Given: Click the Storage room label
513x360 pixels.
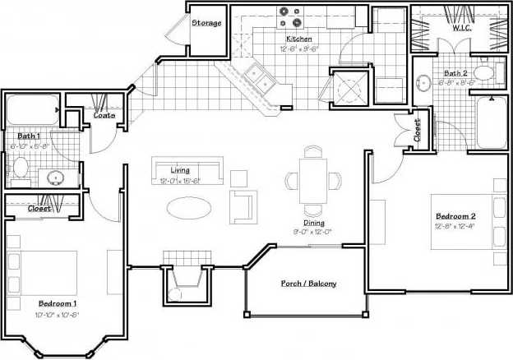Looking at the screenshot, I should click(x=206, y=23).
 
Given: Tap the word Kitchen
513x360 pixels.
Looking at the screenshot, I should click(x=298, y=39).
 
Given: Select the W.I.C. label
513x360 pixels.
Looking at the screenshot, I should click(x=461, y=28).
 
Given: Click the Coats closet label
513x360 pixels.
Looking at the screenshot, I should click(x=104, y=115).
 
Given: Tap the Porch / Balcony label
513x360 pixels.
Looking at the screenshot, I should click(x=308, y=284).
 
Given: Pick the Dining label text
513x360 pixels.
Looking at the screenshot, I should click(x=313, y=223).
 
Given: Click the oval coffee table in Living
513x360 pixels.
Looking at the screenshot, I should click(x=188, y=207).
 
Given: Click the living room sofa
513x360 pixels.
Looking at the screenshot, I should click(x=187, y=170).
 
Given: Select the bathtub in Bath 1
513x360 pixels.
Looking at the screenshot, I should click(x=32, y=110).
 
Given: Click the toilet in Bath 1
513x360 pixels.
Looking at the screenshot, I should click(x=21, y=168).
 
